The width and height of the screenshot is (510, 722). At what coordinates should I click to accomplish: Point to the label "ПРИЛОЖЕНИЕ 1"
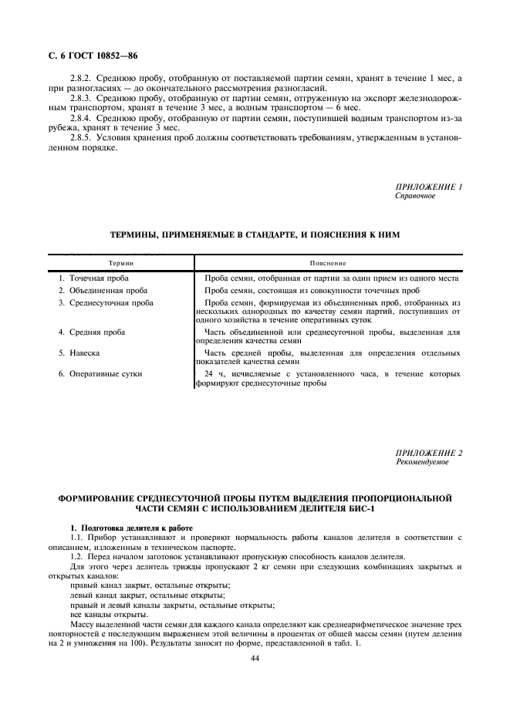click(428, 187)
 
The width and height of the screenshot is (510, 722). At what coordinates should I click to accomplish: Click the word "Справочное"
click(415, 196)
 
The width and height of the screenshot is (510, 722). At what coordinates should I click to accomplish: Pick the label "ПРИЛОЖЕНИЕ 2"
click(428, 453)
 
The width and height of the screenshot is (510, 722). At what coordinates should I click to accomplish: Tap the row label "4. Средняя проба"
click(92, 332)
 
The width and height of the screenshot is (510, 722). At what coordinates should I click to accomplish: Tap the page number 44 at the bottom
click(255, 657)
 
